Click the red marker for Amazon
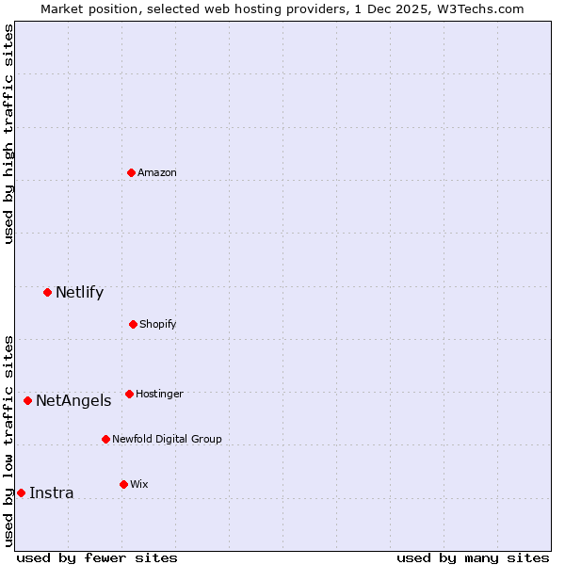coord(132,172)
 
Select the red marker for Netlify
coord(47,292)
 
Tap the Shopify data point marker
coord(133,324)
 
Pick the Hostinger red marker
coord(129,394)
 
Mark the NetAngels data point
coord(27,400)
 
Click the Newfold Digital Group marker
coord(105,439)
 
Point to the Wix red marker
coord(123,484)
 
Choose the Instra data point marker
coord(21,492)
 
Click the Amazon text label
coord(157,172)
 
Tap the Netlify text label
coord(79,292)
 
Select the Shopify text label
coord(157,324)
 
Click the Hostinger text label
coord(159,394)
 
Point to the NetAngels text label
coord(73,400)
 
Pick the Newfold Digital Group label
coord(167,439)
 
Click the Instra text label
coord(51,492)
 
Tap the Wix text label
coord(139,484)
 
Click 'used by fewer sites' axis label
coord(97,557)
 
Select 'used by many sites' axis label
coord(473,557)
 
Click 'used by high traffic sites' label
coord(8,134)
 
